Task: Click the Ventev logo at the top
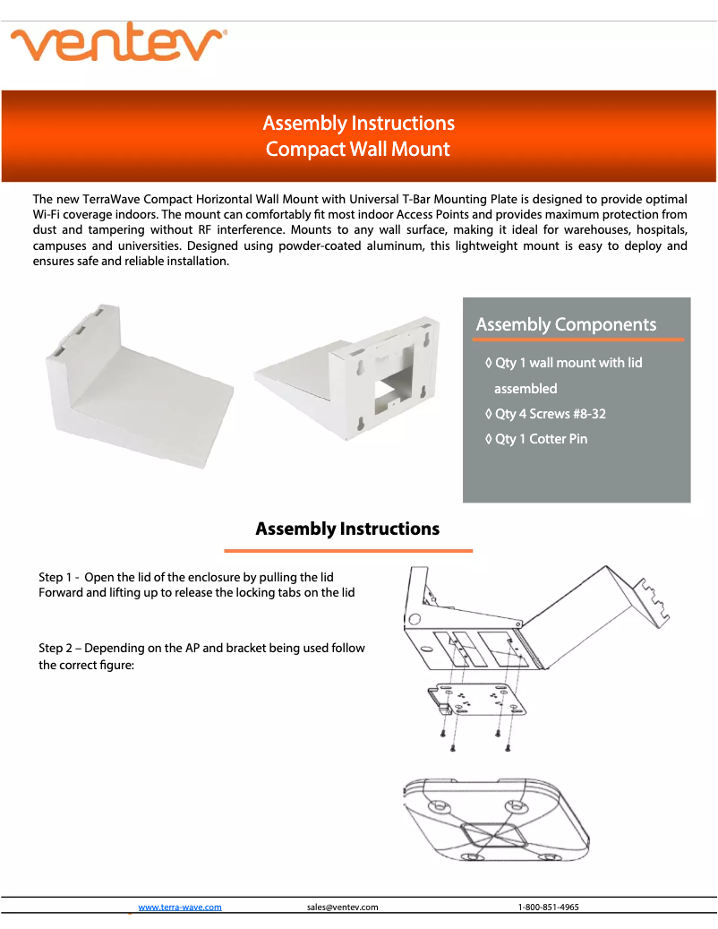click(117, 43)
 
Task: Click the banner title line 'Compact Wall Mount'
click(358, 149)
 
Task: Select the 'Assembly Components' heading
click(566, 324)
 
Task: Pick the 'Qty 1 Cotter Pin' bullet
click(536, 439)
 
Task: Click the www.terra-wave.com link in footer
click(180, 907)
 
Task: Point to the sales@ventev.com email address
click(342, 907)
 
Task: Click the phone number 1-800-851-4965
click(548, 907)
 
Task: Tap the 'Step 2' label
click(60, 648)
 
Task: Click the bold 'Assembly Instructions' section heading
click(347, 529)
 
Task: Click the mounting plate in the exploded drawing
click(474, 702)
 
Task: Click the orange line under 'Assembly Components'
click(579, 340)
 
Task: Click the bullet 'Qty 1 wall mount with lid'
click(568, 363)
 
